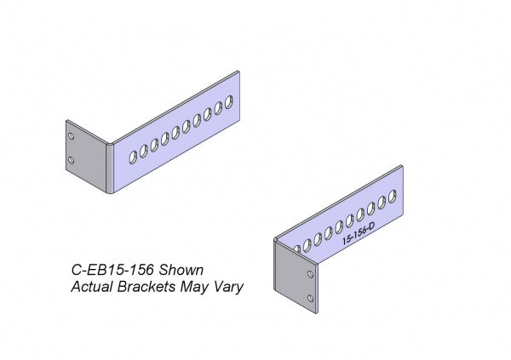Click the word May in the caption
pos(195,287)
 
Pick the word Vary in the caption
pos(228,287)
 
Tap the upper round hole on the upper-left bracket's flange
pos(72,135)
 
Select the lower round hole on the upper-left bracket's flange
pos(72,160)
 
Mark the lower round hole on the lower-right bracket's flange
pos(311,300)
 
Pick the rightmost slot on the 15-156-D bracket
pos(393,196)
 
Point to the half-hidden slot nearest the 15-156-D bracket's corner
pos(295,249)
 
